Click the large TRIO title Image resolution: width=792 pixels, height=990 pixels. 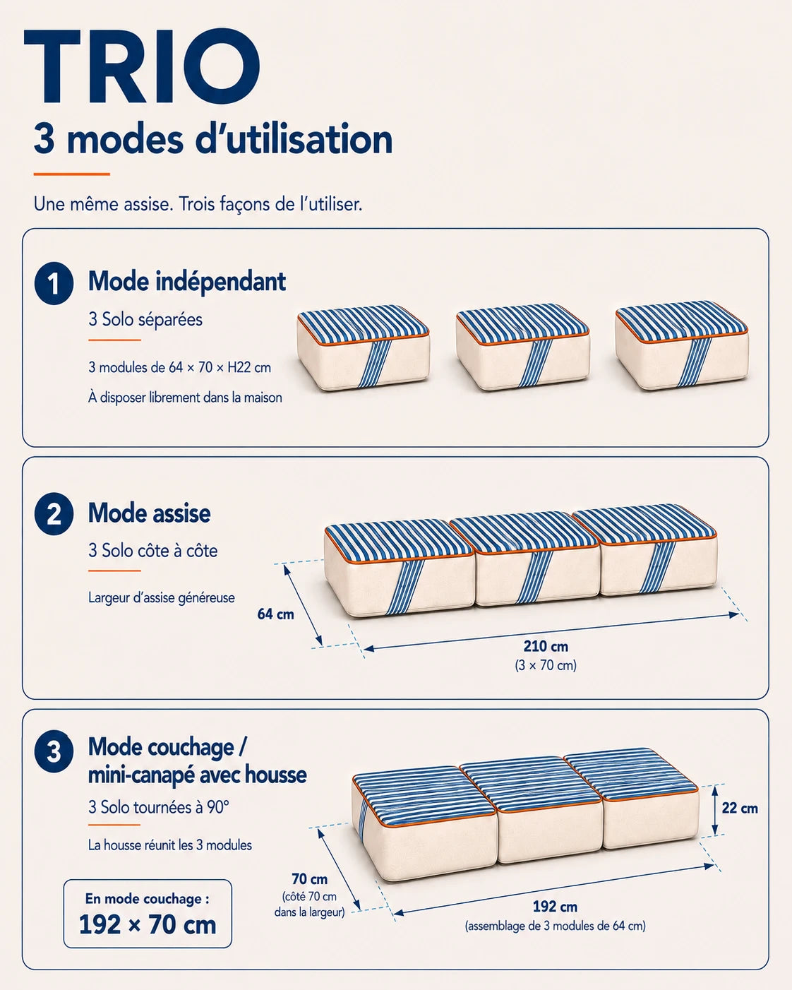(x=142, y=66)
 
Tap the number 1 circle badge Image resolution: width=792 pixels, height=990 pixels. (x=54, y=283)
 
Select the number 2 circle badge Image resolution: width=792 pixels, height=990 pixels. (x=54, y=514)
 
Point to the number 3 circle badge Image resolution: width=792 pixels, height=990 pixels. (x=54, y=753)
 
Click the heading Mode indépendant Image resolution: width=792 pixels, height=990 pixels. (x=187, y=282)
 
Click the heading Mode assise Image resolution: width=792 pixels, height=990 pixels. (x=149, y=513)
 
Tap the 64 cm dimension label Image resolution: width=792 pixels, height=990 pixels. (x=275, y=614)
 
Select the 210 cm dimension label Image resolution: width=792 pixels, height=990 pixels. (x=546, y=646)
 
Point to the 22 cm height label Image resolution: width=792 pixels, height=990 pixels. (x=740, y=808)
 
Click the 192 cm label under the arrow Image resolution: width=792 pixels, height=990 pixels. (x=555, y=906)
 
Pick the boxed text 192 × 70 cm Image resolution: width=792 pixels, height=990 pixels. (x=148, y=924)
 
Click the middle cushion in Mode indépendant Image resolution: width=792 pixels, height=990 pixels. (x=523, y=347)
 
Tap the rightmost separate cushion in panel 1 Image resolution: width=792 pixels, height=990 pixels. (x=682, y=345)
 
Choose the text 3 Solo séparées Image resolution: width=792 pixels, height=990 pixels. (x=145, y=319)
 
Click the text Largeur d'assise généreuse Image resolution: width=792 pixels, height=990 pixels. (x=162, y=597)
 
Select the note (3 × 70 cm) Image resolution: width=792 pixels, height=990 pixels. (x=546, y=665)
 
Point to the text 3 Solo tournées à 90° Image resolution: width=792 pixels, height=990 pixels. (x=159, y=807)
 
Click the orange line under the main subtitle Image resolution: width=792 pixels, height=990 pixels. (x=72, y=174)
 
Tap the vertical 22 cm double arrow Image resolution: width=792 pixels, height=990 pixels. (x=714, y=810)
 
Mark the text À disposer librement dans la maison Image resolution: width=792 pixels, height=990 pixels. (x=185, y=397)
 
